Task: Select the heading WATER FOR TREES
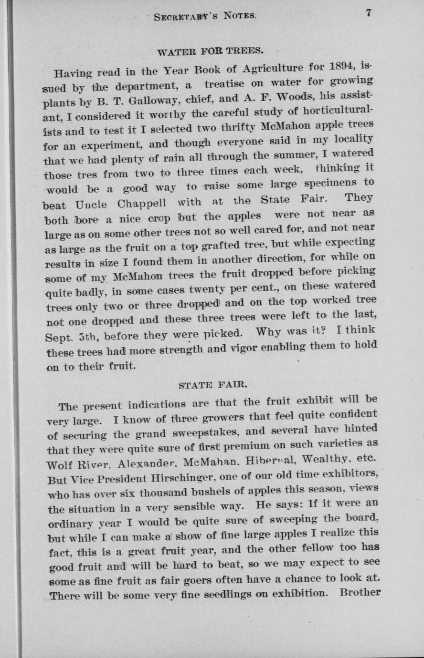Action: pyautogui.click(x=211, y=50)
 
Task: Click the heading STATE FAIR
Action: pyautogui.click(x=212, y=383)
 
